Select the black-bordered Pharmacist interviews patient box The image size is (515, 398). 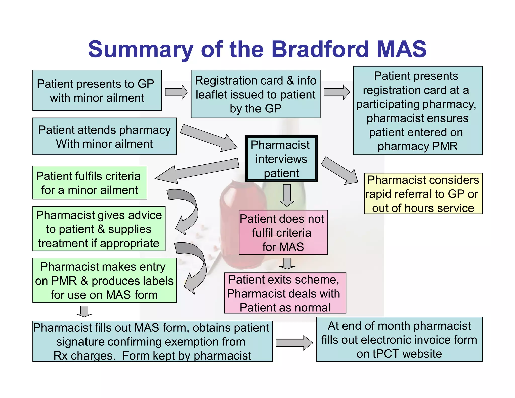pos(281,158)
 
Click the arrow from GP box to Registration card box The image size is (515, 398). pos(176,92)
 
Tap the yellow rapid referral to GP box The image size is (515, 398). pos(423,193)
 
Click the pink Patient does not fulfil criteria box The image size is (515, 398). pos(283,232)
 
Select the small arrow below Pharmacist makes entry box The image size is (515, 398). pos(84,311)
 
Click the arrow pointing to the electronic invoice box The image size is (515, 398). pos(294,343)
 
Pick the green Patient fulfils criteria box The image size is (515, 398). pos(90,183)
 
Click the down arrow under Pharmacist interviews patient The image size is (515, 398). pos(287,195)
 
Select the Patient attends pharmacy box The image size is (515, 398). pos(104,136)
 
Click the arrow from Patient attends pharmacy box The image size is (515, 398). pos(209,138)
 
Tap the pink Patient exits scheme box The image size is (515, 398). pos(285,293)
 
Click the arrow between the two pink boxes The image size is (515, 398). pos(287,263)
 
